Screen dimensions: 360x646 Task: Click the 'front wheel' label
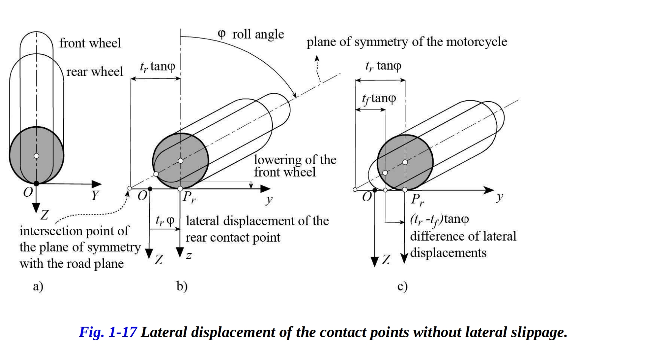90,43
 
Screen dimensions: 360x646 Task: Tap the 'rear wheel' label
95,72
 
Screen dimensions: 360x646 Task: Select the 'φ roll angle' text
251,34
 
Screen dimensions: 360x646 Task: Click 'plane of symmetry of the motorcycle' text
407,42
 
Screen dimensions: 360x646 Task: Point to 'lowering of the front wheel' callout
295,166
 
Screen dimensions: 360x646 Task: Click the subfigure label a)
38,286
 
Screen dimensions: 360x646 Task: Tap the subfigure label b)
182,286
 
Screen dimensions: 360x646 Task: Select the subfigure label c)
402,286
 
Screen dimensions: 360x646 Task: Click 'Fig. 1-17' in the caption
108,332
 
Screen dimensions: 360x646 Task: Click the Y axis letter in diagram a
95,196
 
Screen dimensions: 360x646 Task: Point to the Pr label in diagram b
189,197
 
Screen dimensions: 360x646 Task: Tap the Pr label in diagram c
417,199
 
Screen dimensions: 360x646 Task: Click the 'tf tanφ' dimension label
379,99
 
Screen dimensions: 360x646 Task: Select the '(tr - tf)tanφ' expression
439,219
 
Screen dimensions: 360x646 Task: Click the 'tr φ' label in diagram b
165,221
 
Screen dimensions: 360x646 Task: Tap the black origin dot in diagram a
36,184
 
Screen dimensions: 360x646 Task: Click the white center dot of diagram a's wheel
36,156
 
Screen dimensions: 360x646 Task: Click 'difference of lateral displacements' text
463,244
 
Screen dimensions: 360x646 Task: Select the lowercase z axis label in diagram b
189,256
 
